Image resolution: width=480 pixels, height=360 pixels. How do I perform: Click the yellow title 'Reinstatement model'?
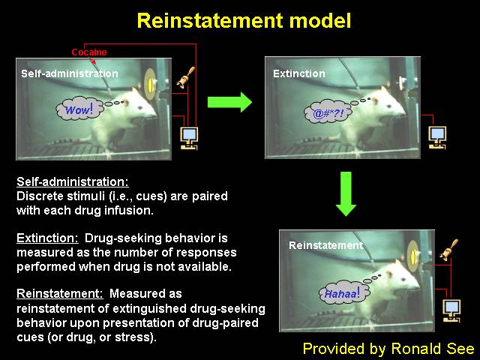pos(244,21)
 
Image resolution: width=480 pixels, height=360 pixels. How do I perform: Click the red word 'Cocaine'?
pos(89,52)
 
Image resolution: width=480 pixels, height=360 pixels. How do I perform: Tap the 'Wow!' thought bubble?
pos(79,109)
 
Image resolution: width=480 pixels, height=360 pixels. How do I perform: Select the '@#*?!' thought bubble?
pos(328,112)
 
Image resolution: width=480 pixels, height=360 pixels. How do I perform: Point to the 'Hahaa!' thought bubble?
pos(343,293)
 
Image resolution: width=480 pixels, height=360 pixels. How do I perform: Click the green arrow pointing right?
pos(229,102)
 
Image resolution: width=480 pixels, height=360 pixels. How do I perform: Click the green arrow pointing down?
pos(346,193)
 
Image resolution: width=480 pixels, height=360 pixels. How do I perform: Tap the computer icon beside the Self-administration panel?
pos(189,138)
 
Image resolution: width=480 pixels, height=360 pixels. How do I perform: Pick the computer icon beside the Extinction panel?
pos(437,137)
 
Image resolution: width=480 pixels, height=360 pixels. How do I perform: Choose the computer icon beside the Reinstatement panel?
pos(451,310)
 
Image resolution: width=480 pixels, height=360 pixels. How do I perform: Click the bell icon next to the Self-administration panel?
pos(186,78)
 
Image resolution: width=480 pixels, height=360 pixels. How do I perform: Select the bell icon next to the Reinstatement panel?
pos(448,250)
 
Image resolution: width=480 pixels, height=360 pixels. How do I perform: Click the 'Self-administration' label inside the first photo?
pos(70,73)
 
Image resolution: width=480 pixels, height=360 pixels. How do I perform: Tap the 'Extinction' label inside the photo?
pos(299,73)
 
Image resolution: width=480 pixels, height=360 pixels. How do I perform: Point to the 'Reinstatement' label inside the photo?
pos(325,245)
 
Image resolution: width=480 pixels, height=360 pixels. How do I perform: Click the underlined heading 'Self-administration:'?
pos(73,181)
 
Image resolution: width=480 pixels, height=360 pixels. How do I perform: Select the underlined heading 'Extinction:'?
pos(47,238)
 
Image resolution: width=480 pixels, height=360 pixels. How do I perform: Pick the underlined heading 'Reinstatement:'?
pos(60,293)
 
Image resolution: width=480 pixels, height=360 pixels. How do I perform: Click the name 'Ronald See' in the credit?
pos(433,348)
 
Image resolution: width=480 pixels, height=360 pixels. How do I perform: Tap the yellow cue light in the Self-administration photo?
pos(150,85)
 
